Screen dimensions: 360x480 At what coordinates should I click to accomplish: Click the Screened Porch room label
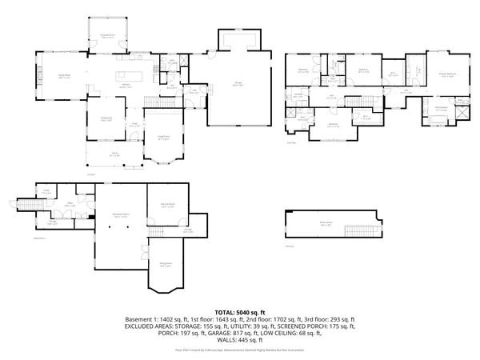pos(106,36)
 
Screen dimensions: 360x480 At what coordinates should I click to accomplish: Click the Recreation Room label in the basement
pos(121,216)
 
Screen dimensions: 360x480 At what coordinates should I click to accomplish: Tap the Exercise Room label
pos(167,206)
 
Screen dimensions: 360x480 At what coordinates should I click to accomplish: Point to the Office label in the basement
pos(70,205)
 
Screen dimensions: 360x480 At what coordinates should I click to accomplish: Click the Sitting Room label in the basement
pos(166,263)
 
